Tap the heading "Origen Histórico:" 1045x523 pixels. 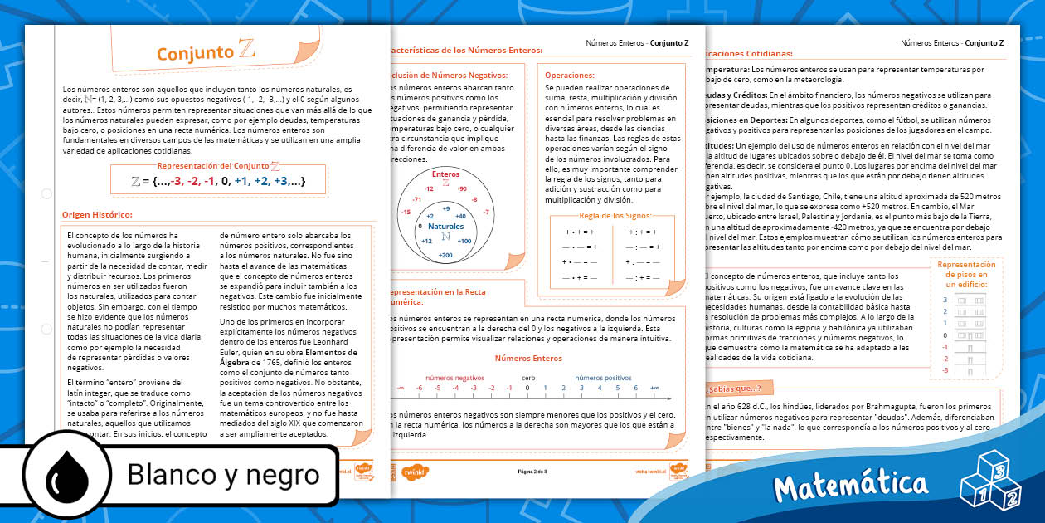click(x=97, y=215)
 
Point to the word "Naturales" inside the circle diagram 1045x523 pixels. click(x=445, y=226)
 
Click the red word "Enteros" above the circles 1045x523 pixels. click(x=445, y=174)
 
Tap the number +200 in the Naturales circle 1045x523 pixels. click(x=445, y=255)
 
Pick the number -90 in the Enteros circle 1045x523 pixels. click(x=462, y=188)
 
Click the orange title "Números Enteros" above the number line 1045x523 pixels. click(x=528, y=359)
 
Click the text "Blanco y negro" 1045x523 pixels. click(x=223, y=474)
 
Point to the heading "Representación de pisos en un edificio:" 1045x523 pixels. click(x=961, y=274)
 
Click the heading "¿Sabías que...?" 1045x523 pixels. click(x=732, y=388)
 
